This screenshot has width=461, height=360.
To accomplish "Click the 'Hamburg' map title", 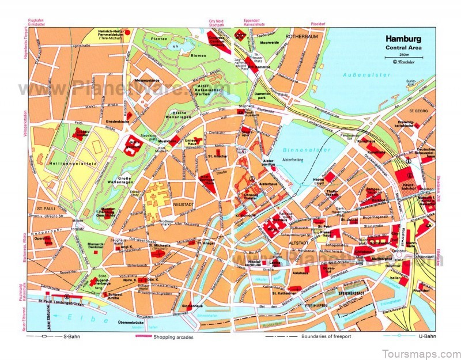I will pyautogui.click(x=403, y=40).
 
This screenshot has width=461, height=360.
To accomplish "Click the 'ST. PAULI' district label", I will pyautogui.click(x=44, y=207).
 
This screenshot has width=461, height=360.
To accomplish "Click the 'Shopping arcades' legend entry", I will pyautogui.click(x=173, y=336).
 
